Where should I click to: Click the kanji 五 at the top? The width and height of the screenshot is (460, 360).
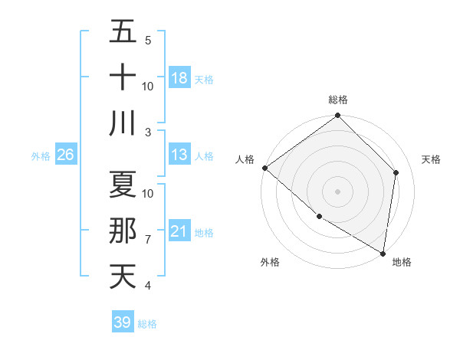tap(123, 33)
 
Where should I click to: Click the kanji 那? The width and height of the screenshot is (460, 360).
tap(123, 231)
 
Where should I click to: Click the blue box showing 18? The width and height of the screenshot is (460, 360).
tap(179, 78)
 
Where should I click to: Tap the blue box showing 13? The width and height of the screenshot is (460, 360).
tap(179, 155)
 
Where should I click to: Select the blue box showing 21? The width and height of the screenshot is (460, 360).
tap(179, 231)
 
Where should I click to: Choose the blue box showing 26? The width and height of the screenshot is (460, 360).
tap(66, 155)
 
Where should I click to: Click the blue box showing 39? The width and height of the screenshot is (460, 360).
tap(123, 322)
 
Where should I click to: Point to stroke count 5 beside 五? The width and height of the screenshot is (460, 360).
tap(148, 41)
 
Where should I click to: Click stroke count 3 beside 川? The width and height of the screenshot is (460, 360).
tap(148, 132)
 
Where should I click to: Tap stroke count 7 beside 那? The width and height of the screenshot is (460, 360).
tap(148, 240)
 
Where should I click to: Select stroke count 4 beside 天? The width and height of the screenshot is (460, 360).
tap(148, 286)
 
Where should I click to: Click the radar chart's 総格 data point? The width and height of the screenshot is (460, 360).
tap(337, 116)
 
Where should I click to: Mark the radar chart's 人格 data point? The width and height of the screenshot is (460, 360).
tap(264, 168)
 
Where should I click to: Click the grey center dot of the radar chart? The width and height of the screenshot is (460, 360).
tap(337, 191)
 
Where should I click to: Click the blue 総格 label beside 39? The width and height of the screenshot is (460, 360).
tap(147, 324)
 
